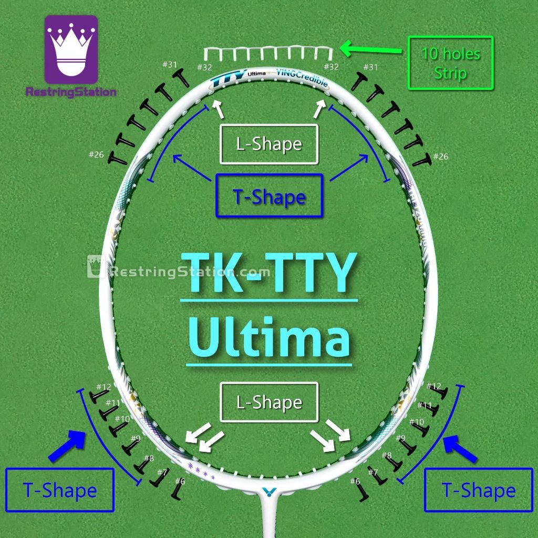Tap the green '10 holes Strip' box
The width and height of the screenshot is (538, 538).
click(x=450, y=63)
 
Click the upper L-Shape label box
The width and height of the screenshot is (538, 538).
click(x=269, y=144)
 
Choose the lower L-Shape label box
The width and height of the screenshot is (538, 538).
click(x=269, y=402)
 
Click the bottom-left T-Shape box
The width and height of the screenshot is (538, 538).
click(x=59, y=490)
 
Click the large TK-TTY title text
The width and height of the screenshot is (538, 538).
click(x=269, y=273)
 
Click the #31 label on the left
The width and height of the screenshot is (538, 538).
click(x=170, y=64)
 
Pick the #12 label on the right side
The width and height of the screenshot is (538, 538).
click(x=434, y=386)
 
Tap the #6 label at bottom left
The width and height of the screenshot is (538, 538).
click(x=180, y=481)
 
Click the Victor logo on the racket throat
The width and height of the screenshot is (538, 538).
click(x=268, y=492)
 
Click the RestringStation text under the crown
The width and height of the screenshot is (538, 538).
click(x=71, y=92)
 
